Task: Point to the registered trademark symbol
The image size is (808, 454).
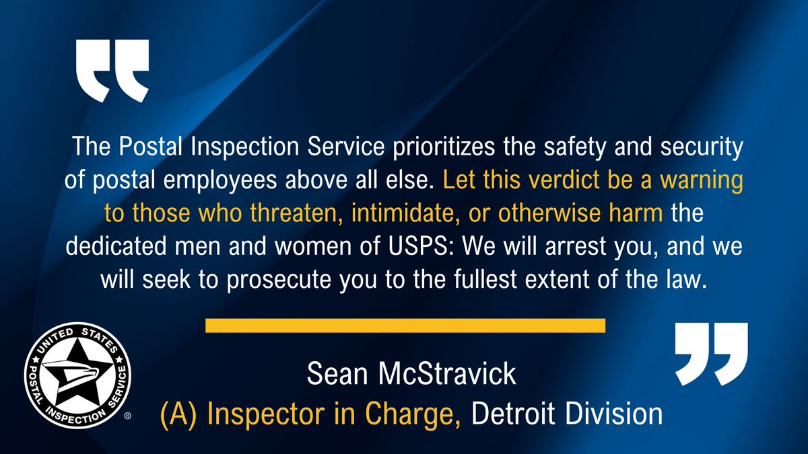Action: pos(128,417)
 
